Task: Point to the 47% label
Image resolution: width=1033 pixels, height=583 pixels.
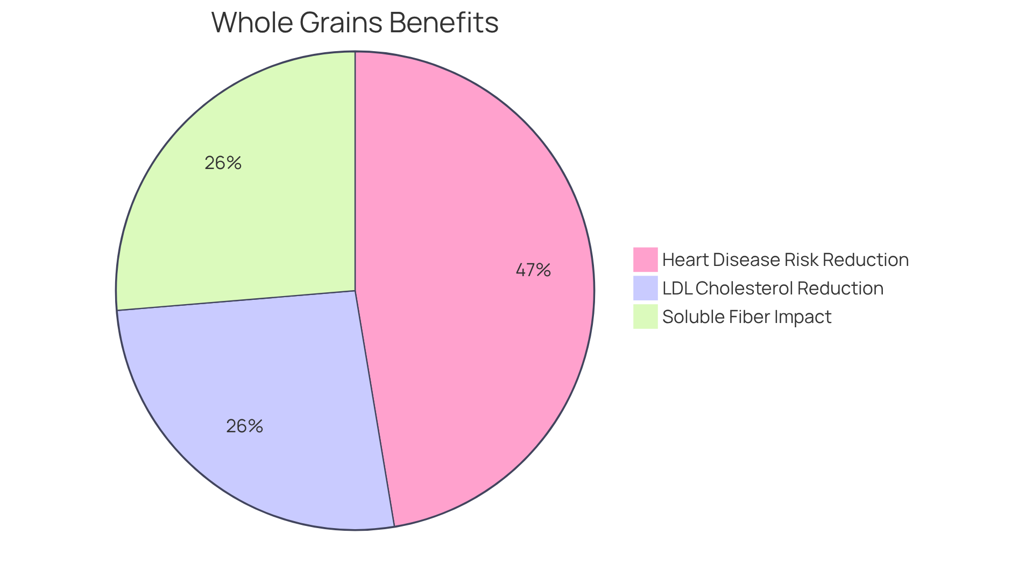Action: click(x=533, y=270)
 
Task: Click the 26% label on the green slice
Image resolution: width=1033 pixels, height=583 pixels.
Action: click(x=223, y=163)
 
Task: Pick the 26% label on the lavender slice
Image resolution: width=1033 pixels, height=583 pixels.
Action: click(x=244, y=426)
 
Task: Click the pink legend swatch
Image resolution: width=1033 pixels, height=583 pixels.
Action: click(x=645, y=259)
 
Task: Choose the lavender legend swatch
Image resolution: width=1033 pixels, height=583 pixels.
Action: click(x=645, y=288)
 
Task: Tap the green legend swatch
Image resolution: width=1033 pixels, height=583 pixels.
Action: click(x=645, y=317)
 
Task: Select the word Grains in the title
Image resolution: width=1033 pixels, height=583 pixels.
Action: click(x=341, y=23)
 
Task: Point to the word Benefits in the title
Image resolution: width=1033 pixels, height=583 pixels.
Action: click(x=444, y=23)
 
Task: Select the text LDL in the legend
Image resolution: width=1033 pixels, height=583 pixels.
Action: click(x=677, y=288)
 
